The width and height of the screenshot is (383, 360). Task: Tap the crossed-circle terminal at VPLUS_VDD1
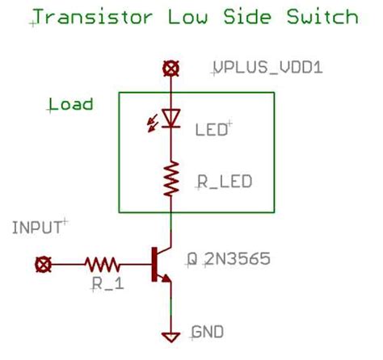click(170, 69)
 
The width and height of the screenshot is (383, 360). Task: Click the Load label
click(71, 105)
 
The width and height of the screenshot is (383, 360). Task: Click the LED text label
click(211, 128)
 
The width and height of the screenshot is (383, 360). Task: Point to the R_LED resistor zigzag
click(170, 178)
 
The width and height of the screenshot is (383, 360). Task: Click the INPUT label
click(37, 228)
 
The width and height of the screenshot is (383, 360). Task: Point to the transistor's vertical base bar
click(154, 263)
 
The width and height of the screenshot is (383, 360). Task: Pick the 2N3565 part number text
click(236, 260)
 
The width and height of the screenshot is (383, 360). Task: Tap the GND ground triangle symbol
click(170, 337)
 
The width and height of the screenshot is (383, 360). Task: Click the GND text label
click(208, 332)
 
